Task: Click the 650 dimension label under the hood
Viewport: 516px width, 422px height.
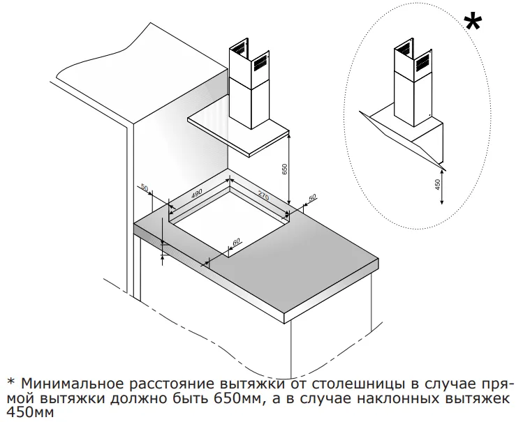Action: click(x=284, y=169)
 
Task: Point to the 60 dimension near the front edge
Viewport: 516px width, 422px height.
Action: click(x=236, y=241)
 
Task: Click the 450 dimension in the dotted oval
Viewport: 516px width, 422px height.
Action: click(x=437, y=185)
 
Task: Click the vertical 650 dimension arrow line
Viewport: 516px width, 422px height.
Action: click(x=290, y=171)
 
